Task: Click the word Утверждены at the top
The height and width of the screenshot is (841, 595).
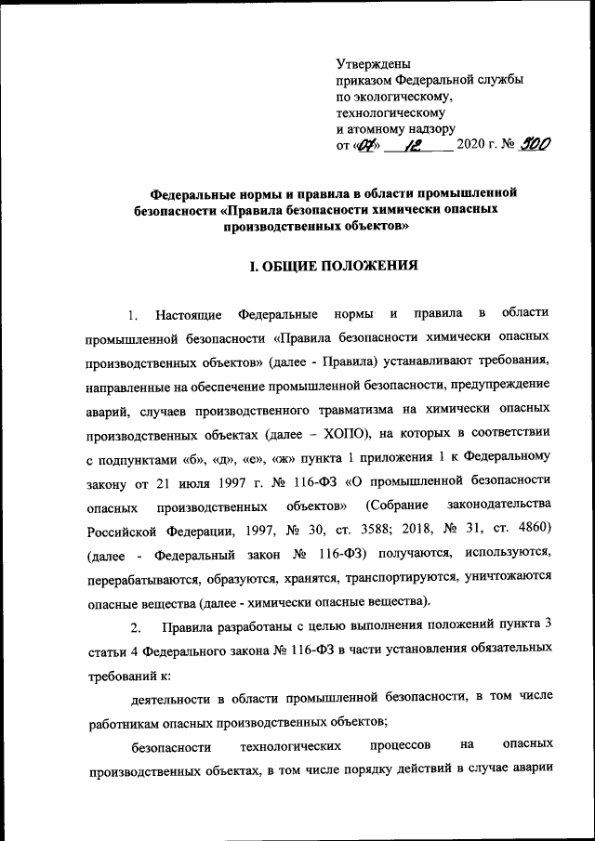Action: click(373, 63)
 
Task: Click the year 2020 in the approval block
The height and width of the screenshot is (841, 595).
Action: click(471, 146)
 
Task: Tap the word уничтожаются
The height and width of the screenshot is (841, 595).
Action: click(508, 576)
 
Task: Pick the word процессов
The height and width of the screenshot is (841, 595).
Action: click(400, 745)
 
